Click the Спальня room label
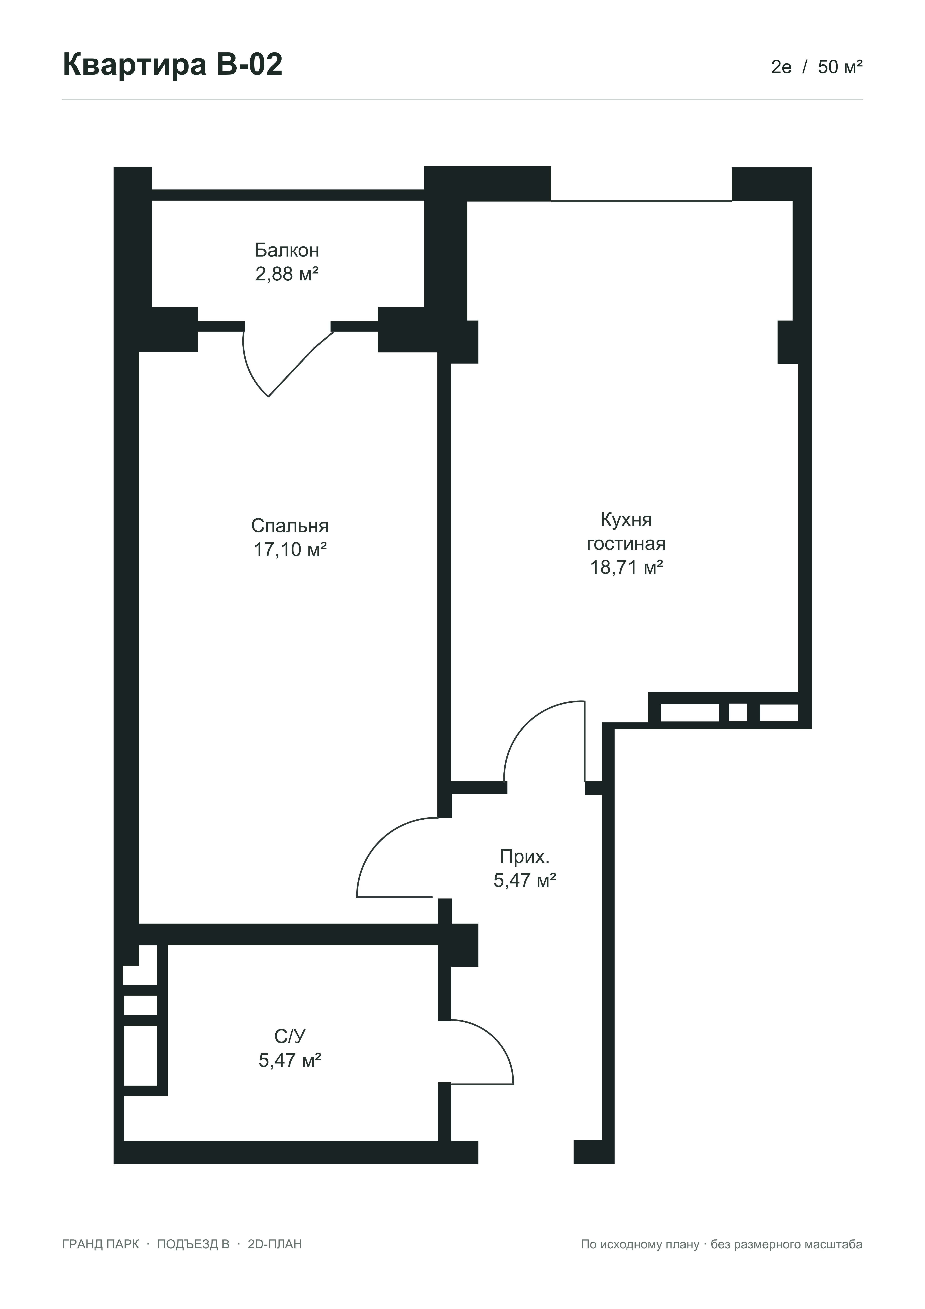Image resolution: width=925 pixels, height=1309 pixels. [290, 526]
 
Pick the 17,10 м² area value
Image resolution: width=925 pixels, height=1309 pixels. [290, 550]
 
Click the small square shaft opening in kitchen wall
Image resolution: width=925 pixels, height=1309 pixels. [738, 712]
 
